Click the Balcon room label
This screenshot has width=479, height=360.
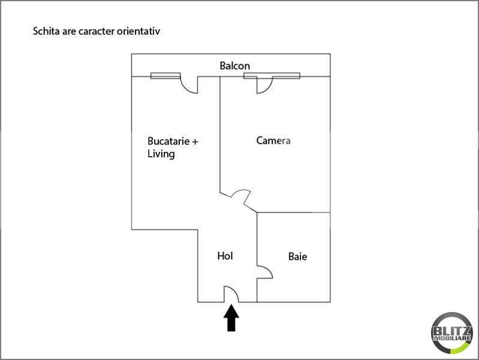[234, 65]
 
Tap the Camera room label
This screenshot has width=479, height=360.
[273, 140]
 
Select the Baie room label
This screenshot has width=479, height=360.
[297, 256]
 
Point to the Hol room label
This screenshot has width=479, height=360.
[225, 256]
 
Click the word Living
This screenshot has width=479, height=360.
[161, 154]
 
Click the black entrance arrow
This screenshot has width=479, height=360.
[232, 319]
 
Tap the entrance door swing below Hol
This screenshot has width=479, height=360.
[231, 294]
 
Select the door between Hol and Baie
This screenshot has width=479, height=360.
[264, 272]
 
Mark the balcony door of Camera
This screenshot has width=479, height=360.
[264, 85]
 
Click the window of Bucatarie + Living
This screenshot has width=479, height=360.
[165, 76]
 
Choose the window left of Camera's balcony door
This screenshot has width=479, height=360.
[251, 76]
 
